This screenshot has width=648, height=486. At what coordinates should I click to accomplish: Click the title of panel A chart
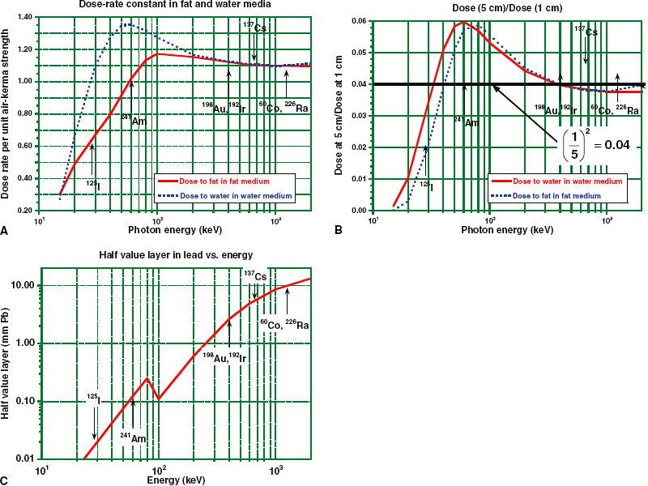pyautogui.click(x=157, y=6)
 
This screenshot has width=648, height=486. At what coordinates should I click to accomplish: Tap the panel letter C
pyautogui.click(x=6, y=480)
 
